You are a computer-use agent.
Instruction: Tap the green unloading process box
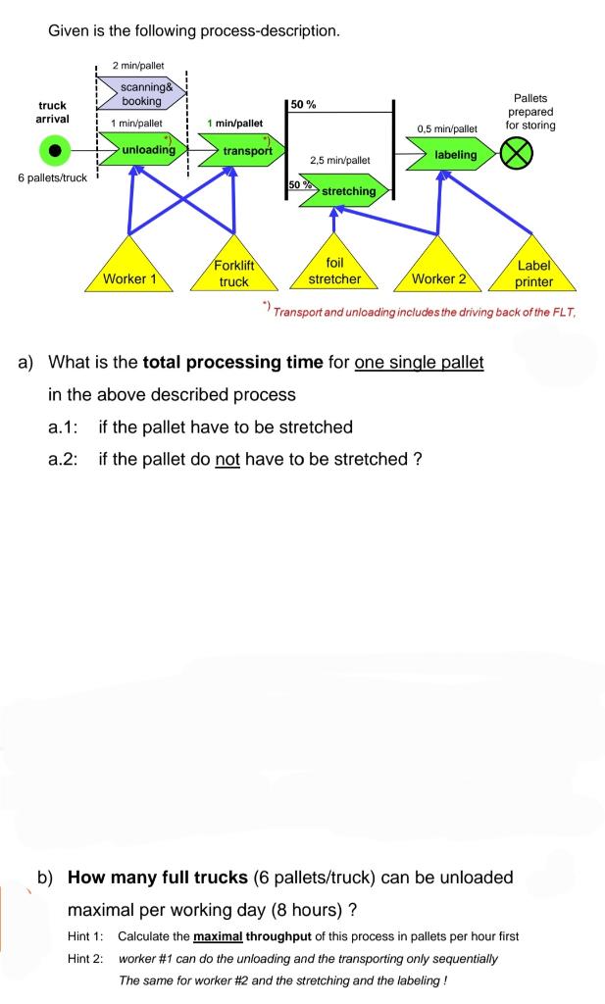click(147, 150)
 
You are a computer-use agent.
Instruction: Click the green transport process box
click(245, 151)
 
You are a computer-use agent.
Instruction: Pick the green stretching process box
click(346, 191)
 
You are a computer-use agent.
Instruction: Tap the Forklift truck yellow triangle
click(233, 271)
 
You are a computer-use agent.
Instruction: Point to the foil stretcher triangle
click(335, 269)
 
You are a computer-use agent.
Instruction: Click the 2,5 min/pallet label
click(339, 160)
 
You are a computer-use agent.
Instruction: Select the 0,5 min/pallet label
click(446, 128)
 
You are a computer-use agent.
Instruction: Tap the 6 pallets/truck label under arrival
click(52, 177)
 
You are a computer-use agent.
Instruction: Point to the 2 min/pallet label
click(137, 65)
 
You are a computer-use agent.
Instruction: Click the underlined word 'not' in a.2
click(227, 459)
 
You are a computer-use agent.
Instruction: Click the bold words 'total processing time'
click(232, 363)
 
